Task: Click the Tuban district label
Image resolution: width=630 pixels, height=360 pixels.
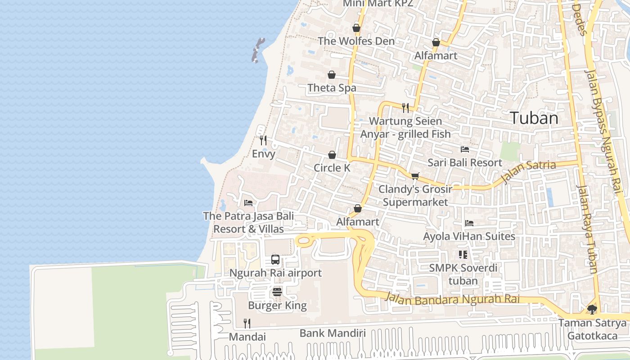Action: tap(534, 118)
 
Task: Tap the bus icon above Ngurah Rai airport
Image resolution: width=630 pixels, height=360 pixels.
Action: tap(275, 260)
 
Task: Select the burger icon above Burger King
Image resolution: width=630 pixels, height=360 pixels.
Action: tap(277, 292)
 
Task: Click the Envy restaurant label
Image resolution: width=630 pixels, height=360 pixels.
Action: tap(263, 154)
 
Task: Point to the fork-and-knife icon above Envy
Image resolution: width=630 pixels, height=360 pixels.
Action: tap(263, 140)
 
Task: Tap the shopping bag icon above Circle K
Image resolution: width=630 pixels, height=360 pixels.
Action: tap(332, 155)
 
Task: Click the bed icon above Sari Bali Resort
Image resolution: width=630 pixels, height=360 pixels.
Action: tap(465, 149)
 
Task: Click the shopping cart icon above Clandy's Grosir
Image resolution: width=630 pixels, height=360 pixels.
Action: tap(415, 175)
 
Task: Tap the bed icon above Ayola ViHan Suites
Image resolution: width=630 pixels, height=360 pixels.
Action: tap(469, 223)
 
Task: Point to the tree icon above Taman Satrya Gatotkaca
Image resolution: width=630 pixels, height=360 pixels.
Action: tap(592, 309)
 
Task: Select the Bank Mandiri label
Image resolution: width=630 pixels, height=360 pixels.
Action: tap(333, 333)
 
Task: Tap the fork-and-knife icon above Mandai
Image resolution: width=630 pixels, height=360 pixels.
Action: tap(247, 323)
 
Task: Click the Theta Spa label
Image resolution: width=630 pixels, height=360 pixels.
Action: tap(332, 88)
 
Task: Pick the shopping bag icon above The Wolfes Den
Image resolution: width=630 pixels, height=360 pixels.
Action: tap(356, 28)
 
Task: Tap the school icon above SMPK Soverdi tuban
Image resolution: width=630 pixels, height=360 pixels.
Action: tap(463, 255)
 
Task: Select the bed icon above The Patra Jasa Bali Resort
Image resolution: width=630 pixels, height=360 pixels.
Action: tap(248, 203)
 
